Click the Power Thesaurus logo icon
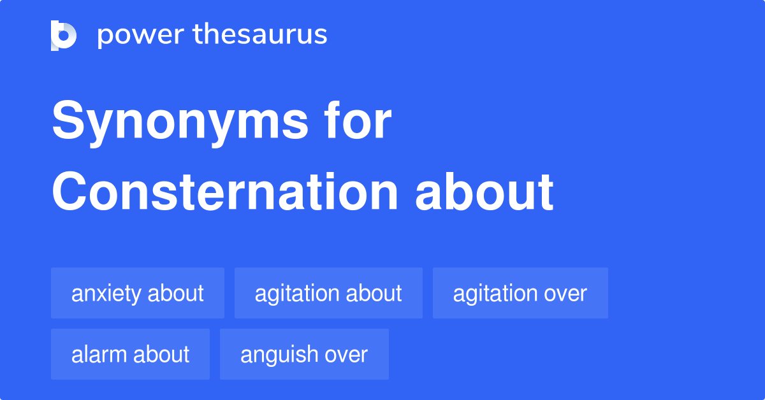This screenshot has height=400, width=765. tap(64, 35)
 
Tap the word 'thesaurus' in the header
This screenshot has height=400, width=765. tap(259, 35)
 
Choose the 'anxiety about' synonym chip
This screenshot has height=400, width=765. tap(138, 293)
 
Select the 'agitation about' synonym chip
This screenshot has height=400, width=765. tap(328, 293)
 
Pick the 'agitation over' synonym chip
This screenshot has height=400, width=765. tap(520, 293)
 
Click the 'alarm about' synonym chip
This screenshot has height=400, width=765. tap(130, 354)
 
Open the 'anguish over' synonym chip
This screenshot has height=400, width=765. tap(304, 354)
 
